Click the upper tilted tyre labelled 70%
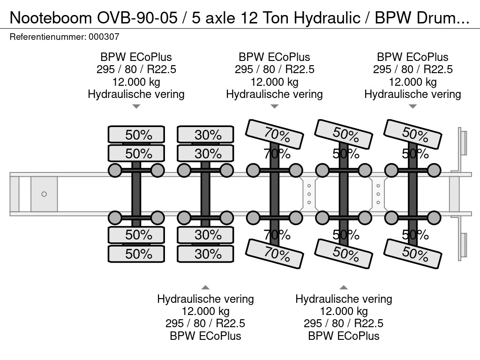[275, 133]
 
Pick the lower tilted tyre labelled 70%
[275, 254]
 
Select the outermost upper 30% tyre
[205, 135]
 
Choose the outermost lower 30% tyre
[205, 254]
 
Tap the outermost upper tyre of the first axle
[136, 135]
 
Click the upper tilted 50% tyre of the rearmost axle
[412, 133]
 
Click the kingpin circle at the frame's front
[44, 194]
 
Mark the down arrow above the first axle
[136, 106]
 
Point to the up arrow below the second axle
[205, 287]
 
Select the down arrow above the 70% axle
[274, 106]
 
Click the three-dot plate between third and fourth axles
[309, 194]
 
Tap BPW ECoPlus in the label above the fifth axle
[412, 57]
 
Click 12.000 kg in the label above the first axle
[136, 82]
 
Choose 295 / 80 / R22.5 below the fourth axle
[344, 323]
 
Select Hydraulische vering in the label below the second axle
[205, 299]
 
